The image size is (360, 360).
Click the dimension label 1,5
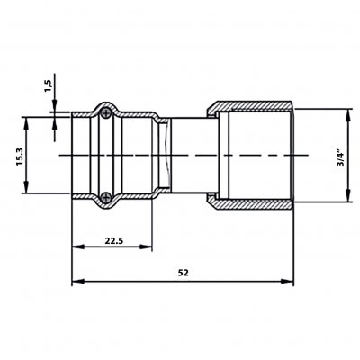(49, 85)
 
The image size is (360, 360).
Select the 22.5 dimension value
(113, 240)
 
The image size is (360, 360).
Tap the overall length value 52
(184, 273)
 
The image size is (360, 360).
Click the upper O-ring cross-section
(105, 113)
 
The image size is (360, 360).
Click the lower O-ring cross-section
(105, 197)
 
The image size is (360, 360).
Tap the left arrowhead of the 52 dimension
(77, 281)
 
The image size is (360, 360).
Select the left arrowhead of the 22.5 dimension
(77, 247)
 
